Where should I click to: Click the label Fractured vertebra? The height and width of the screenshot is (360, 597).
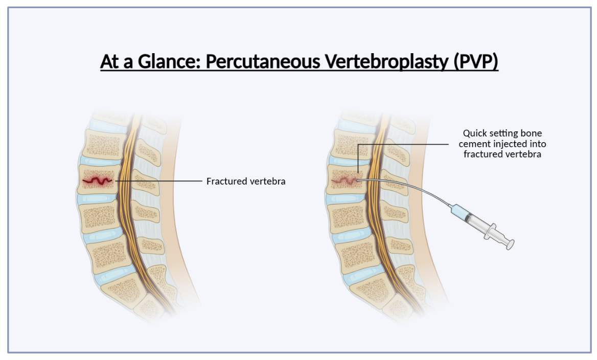(245, 181)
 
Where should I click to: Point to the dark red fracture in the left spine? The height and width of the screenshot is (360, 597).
(97, 181)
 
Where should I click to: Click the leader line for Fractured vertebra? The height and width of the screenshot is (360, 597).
(158, 181)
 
